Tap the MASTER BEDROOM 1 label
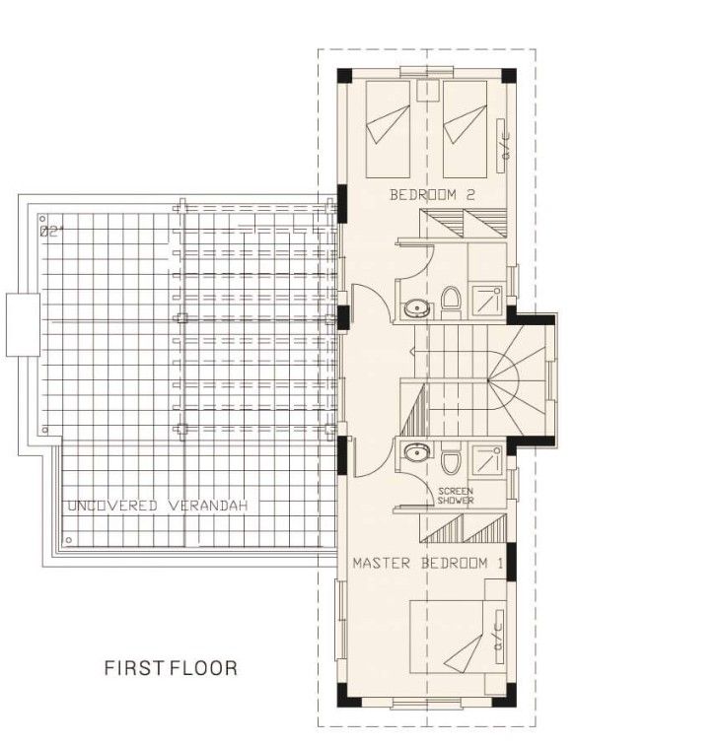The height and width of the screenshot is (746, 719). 428,564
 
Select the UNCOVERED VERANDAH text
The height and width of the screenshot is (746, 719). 157,506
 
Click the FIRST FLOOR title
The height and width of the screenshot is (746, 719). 171,668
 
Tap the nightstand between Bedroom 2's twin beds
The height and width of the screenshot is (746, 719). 428,92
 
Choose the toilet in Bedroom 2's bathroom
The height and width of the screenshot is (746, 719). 451,300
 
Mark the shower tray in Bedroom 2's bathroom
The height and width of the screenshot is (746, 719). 486,298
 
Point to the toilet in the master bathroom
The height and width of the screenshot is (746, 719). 451,461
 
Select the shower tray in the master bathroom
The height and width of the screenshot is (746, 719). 486,460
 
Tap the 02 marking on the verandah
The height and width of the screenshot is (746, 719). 51,232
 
